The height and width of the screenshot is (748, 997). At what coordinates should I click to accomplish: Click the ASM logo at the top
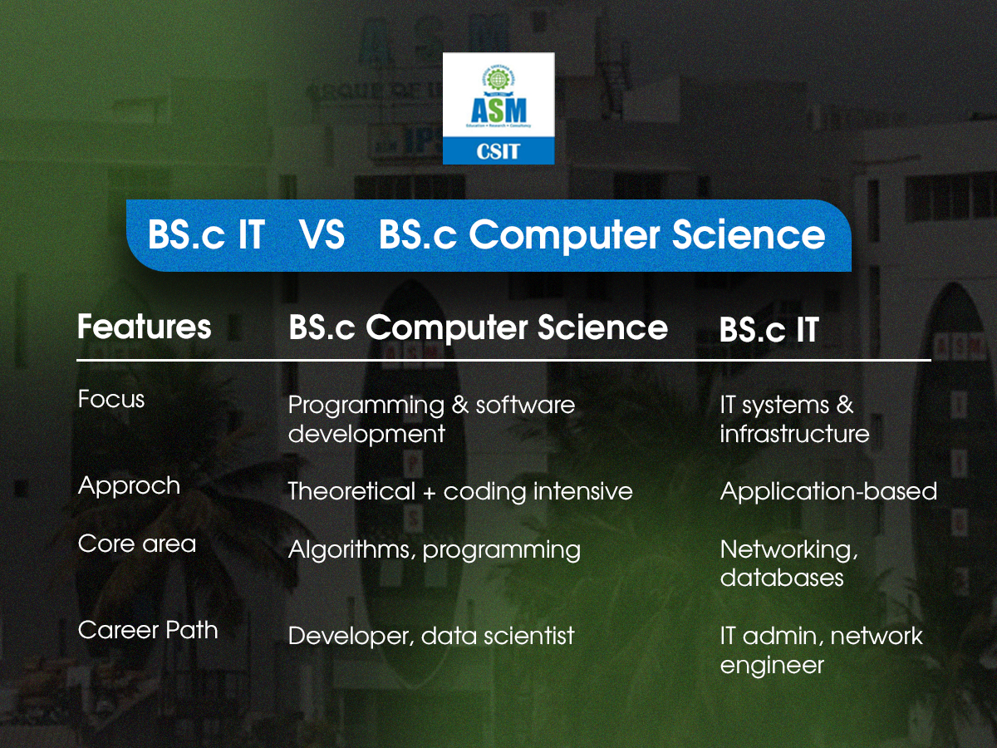pyautogui.click(x=498, y=107)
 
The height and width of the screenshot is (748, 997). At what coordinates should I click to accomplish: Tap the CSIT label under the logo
pyautogui.click(x=498, y=151)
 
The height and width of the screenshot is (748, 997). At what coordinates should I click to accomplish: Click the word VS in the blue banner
pyautogui.click(x=322, y=235)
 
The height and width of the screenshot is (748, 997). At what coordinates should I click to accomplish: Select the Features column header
pyautogui.click(x=145, y=327)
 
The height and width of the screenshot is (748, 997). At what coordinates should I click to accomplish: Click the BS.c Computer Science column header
pyautogui.click(x=478, y=327)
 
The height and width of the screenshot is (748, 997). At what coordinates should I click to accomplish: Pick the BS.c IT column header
pyautogui.click(x=769, y=330)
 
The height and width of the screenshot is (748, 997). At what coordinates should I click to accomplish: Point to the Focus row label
pyautogui.click(x=111, y=400)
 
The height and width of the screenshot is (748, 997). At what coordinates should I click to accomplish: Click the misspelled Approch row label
pyautogui.click(x=129, y=485)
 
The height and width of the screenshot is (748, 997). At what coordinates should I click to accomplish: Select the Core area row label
pyautogui.click(x=137, y=544)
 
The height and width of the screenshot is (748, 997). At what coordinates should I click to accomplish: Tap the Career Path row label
pyautogui.click(x=148, y=630)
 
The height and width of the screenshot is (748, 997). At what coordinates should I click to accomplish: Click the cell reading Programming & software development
pyautogui.click(x=431, y=419)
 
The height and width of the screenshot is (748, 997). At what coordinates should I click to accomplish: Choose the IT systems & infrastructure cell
pyautogui.click(x=794, y=419)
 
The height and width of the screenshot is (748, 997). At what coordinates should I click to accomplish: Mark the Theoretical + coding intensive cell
pyautogui.click(x=460, y=491)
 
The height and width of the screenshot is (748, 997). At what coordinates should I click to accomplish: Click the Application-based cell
pyautogui.click(x=828, y=491)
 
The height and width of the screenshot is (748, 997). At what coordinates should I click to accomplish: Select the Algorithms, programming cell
pyautogui.click(x=434, y=549)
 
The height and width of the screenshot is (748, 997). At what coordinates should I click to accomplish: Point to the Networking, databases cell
pyautogui.click(x=789, y=563)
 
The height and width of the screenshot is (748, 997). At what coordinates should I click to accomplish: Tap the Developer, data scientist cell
pyautogui.click(x=431, y=637)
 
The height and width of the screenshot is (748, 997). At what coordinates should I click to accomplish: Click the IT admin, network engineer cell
pyautogui.click(x=821, y=650)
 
